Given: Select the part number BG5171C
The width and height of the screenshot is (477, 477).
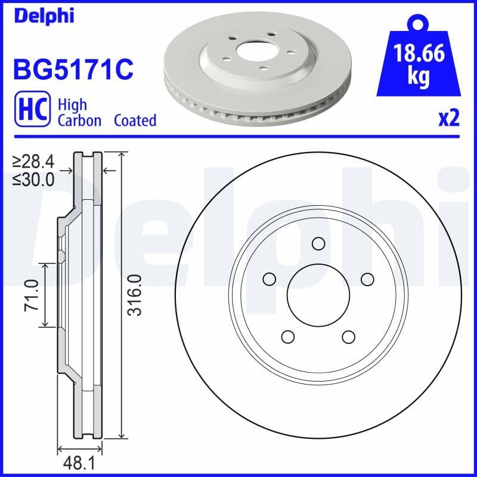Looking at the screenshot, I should tap(72, 70).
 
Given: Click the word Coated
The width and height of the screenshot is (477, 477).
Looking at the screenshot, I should tap(135, 120).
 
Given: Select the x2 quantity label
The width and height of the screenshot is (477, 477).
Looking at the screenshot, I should tap(448, 119).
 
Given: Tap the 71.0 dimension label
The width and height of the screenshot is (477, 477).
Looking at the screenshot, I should tap(31, 295).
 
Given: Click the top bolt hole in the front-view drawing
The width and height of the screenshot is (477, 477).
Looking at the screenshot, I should tap(318, 243).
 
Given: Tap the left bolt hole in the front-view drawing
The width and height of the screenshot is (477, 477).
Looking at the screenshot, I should tap(270, 279).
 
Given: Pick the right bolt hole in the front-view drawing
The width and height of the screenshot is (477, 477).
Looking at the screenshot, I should tap(367, 279).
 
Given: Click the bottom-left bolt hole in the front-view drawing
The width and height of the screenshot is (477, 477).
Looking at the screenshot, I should tap(288, 337).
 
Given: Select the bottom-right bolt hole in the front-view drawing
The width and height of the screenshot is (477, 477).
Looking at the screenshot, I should tap(349, 337).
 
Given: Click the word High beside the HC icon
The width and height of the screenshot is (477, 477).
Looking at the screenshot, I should tap(72, 105).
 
